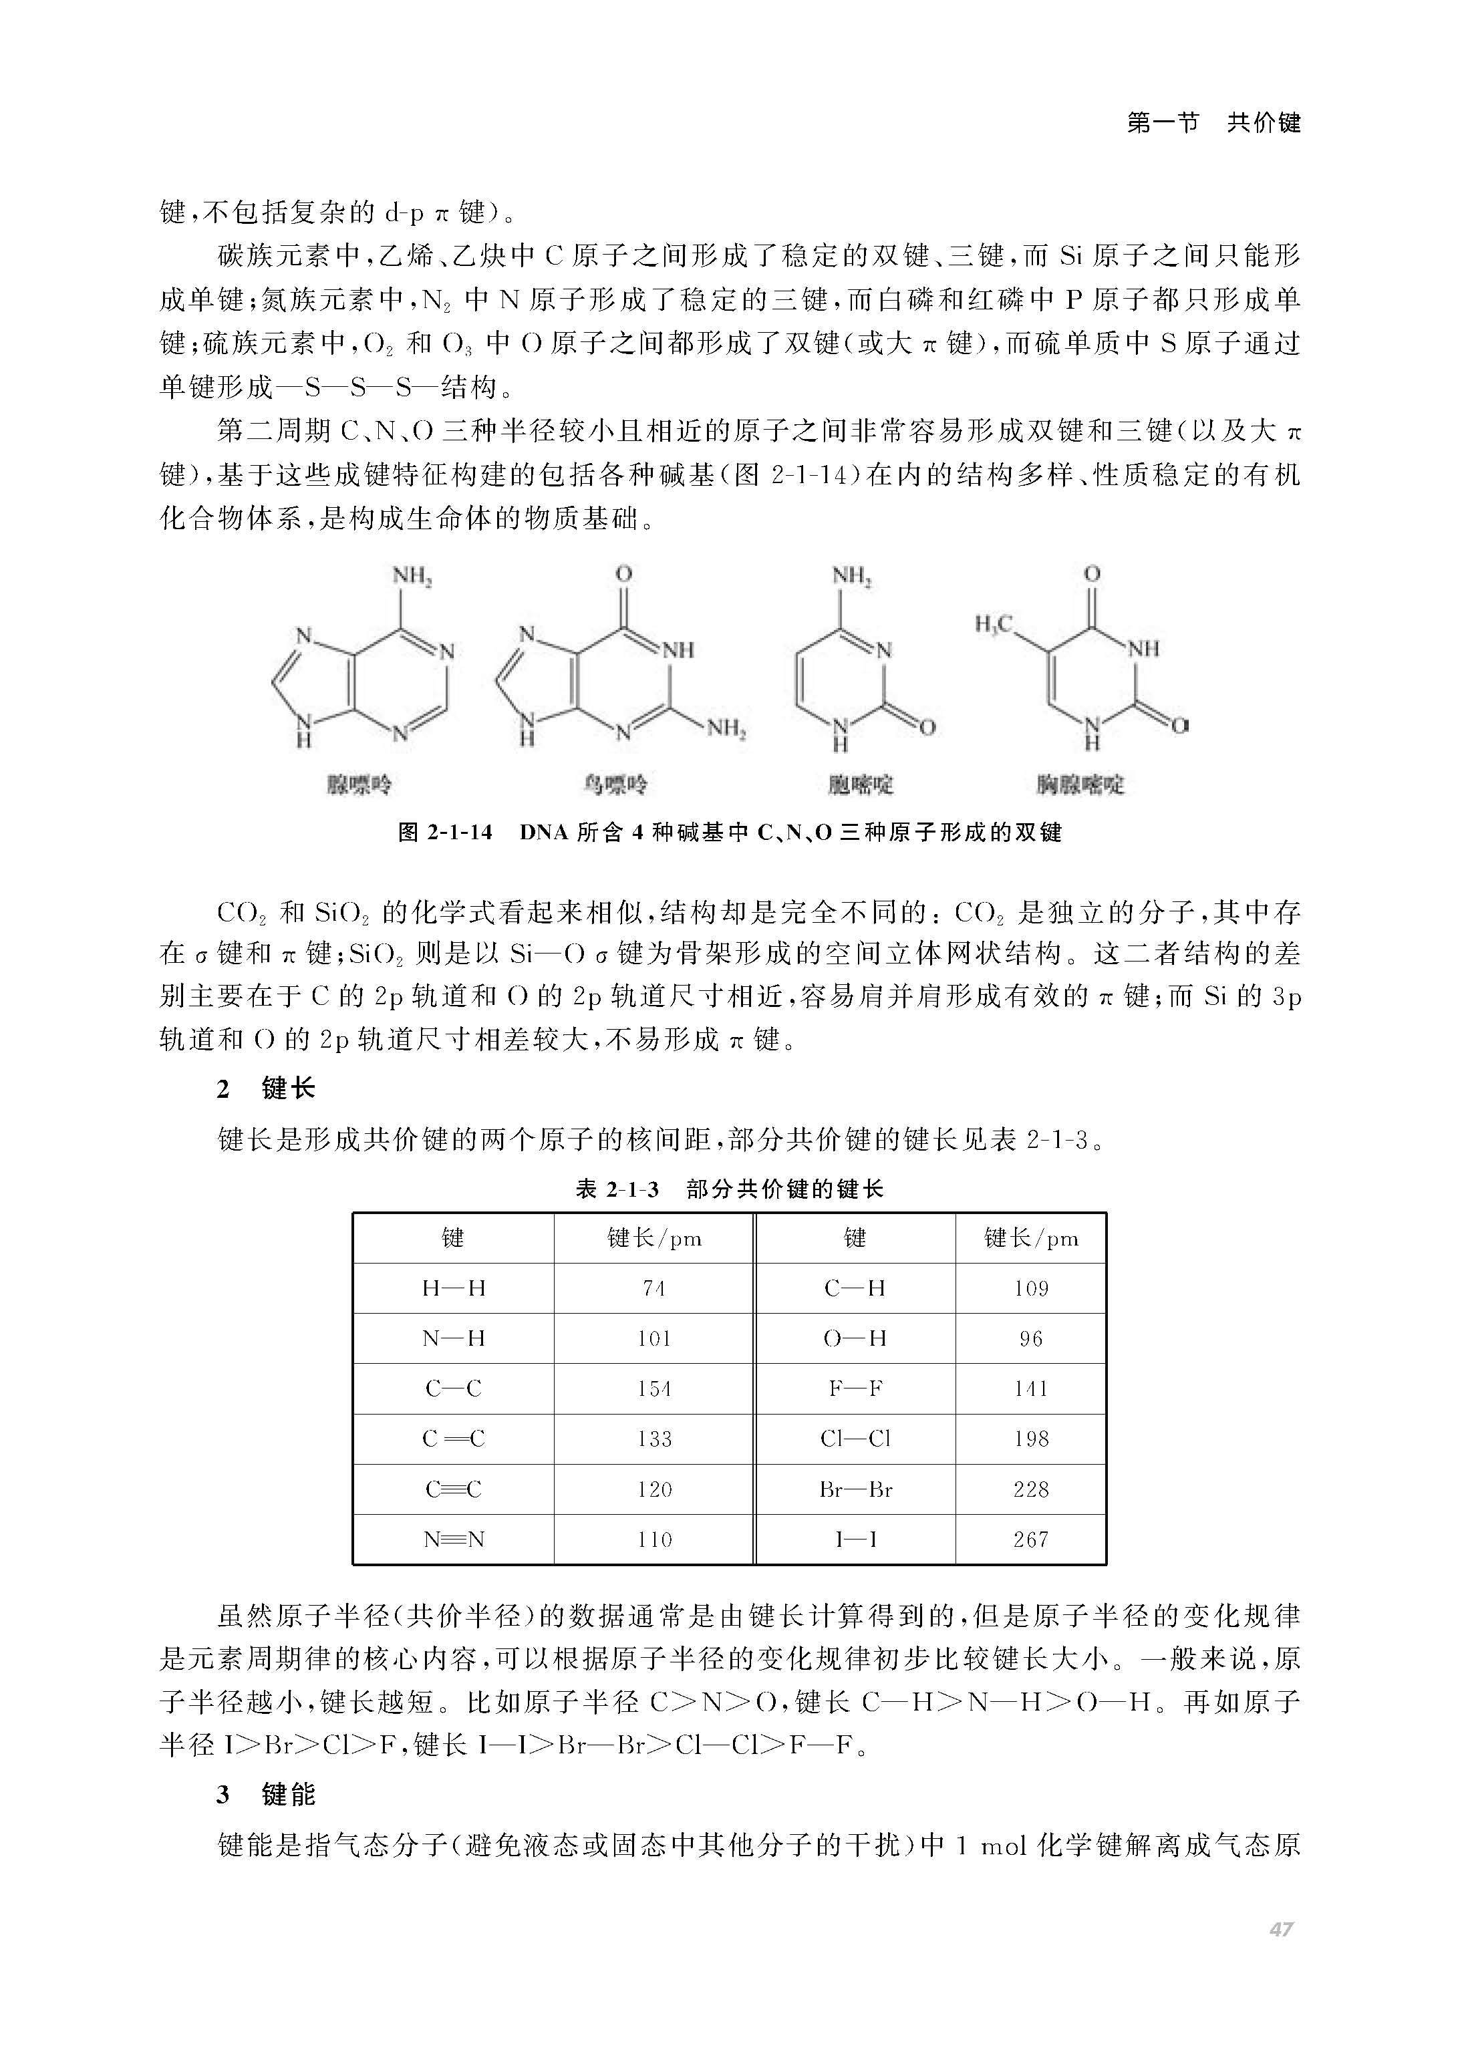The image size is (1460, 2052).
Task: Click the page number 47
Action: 1281,1929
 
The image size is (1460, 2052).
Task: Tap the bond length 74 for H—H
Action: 653,1288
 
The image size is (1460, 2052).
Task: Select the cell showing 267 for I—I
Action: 1030,1540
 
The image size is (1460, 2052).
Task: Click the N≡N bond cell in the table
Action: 453,1540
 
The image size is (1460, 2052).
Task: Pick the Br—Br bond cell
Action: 855,1489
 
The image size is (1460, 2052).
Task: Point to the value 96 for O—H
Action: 1030,1338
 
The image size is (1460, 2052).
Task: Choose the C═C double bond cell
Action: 453,1439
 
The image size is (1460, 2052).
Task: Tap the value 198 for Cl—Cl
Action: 1030,1439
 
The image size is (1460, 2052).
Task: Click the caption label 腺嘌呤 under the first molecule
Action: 359,784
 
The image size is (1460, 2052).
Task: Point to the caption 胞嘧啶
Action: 861,784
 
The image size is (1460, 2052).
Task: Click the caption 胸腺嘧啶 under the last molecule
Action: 1080,784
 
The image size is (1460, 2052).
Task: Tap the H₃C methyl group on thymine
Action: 994,624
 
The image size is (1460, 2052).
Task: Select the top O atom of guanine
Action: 624,573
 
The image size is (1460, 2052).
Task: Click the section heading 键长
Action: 288,1089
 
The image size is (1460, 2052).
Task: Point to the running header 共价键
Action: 1264,123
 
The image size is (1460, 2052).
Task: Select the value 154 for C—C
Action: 653,1388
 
